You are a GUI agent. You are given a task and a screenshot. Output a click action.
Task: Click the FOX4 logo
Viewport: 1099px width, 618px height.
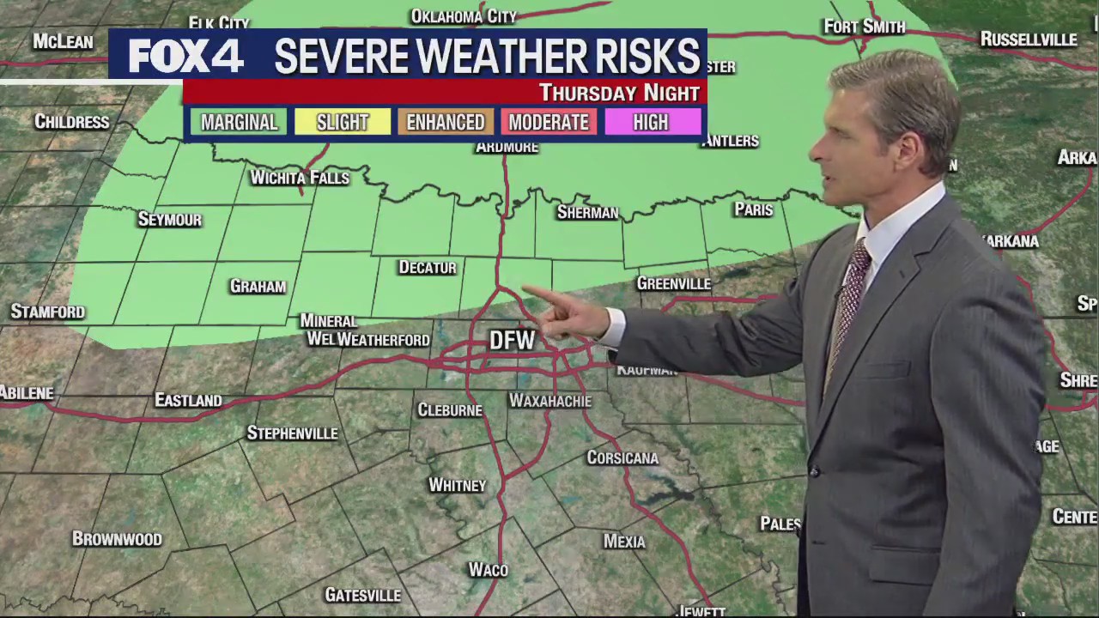click(x=185, y=57)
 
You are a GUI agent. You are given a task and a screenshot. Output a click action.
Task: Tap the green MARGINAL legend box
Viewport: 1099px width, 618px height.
click(x=239, y=122)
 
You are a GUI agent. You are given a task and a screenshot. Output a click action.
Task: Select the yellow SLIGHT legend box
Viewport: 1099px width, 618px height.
click(x=342, y=122)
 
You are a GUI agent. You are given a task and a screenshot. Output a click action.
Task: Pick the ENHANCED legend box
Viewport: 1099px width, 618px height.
click(x=445, y=122)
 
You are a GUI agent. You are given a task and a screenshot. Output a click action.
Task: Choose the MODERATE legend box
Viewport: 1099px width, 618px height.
click(x=548, y=122)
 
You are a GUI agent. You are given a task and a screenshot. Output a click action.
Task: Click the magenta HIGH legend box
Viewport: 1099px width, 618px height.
click(x=650, y=122)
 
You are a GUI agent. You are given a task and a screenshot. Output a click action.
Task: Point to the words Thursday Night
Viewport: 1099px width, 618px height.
click(x=619, y=93)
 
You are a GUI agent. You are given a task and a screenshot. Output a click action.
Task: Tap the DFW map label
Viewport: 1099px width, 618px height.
click(x=512, y=341)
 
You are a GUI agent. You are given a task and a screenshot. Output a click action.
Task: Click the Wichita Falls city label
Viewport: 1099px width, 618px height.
click(x=300, y=178)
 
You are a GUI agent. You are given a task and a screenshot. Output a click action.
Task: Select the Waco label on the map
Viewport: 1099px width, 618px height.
click(x=488, y=570)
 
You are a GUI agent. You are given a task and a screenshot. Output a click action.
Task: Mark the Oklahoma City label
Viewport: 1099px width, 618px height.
click(x=464, y=16)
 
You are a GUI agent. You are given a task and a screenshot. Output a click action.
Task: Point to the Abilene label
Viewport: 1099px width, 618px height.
click(x=27, y=393)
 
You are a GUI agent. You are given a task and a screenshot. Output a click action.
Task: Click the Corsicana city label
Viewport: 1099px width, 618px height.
click(x=622, y=457)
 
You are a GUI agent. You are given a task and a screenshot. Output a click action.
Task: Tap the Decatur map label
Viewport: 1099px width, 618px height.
click(x=427, y=268)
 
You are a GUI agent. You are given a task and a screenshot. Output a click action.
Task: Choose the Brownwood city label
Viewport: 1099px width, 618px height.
click(x=117, y=539)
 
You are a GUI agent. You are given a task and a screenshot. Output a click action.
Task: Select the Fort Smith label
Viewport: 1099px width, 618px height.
click(x=864, y=27)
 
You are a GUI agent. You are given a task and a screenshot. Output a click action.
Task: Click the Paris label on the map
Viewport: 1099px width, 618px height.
click(x=753, y=209)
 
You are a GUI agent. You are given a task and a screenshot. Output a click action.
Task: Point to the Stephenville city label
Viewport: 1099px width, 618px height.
click(x=292, y=433)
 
